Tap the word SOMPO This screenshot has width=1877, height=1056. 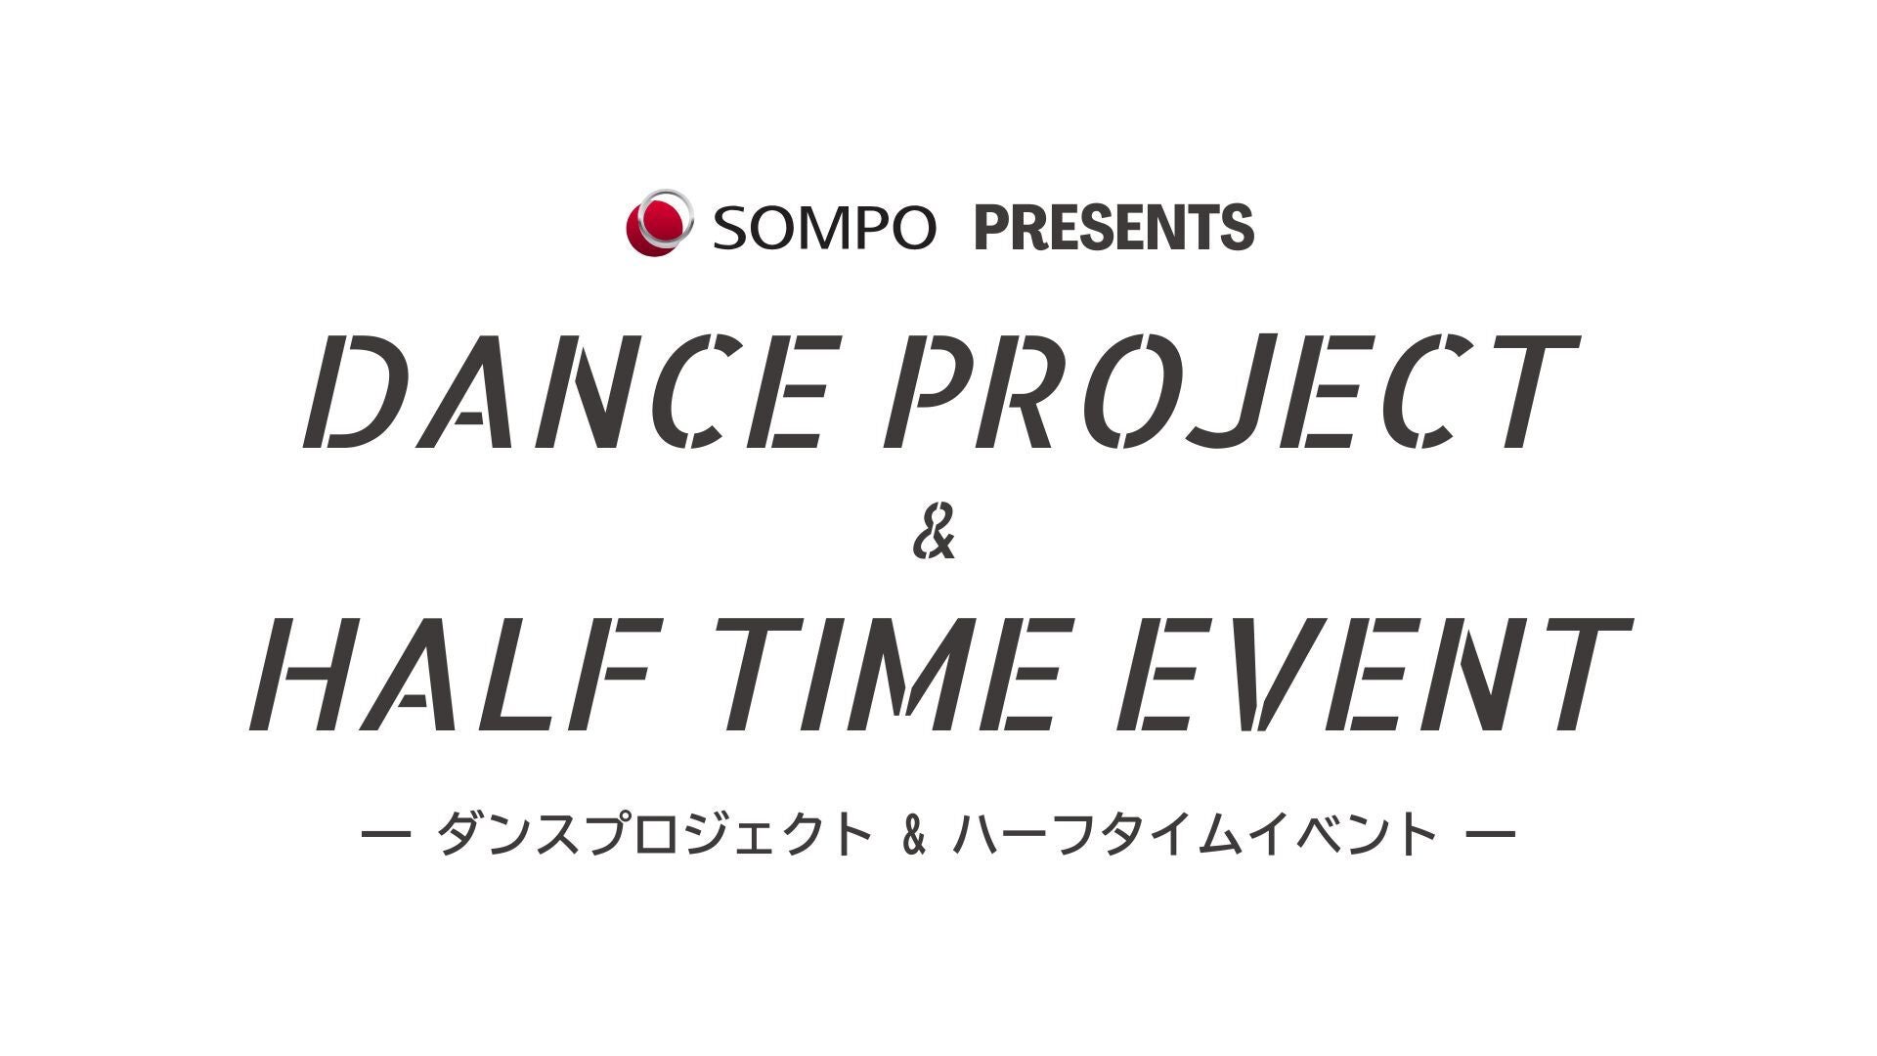[x=824, y=227]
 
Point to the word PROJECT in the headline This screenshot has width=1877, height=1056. [x=1233, y=392]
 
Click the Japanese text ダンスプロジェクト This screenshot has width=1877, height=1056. [x=654, y=836]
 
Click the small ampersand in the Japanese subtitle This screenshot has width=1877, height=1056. [x=915, y=837]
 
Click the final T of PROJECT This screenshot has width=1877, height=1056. [x=1529, y=392]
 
